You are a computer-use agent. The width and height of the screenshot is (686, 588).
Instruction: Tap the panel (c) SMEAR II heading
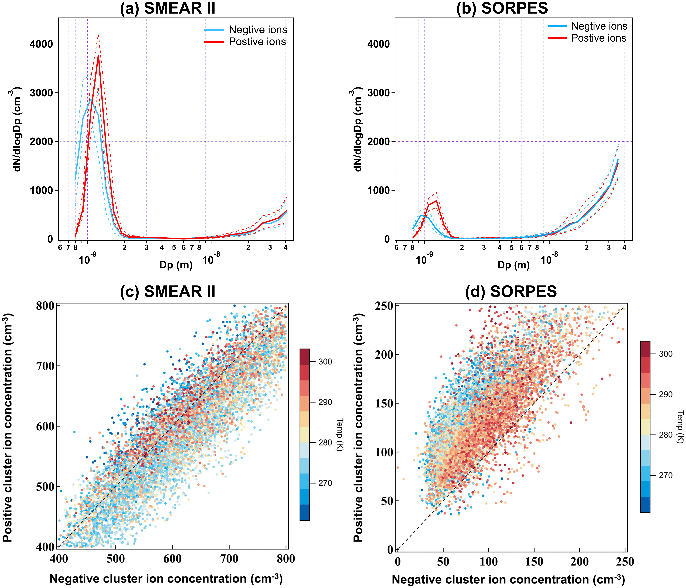click(167, 291)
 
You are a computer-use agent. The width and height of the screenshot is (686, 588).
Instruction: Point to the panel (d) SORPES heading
click(511, 291)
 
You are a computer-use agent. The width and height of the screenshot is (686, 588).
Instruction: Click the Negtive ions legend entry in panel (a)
click(258, 30)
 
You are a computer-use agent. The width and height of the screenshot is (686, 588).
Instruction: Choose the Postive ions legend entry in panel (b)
click(599, 38)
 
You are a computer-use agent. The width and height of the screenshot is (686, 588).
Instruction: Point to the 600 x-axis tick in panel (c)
click(173, 559)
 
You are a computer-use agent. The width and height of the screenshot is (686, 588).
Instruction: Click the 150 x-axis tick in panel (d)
click(534, 562)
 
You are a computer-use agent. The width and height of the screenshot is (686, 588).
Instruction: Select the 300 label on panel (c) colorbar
click(325, 362)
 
